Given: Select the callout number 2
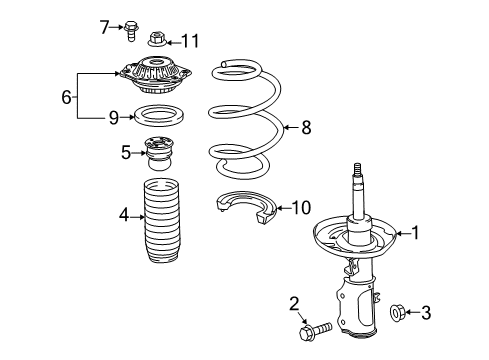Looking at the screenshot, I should [294, 303].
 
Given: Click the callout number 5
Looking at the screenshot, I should [126, 152].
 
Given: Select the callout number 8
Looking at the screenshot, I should [307, 127].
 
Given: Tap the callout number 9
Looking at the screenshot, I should [114, 117].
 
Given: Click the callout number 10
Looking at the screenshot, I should [301, 208].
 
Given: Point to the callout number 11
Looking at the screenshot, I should [190, 41].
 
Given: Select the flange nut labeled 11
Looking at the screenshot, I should [156, 40].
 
